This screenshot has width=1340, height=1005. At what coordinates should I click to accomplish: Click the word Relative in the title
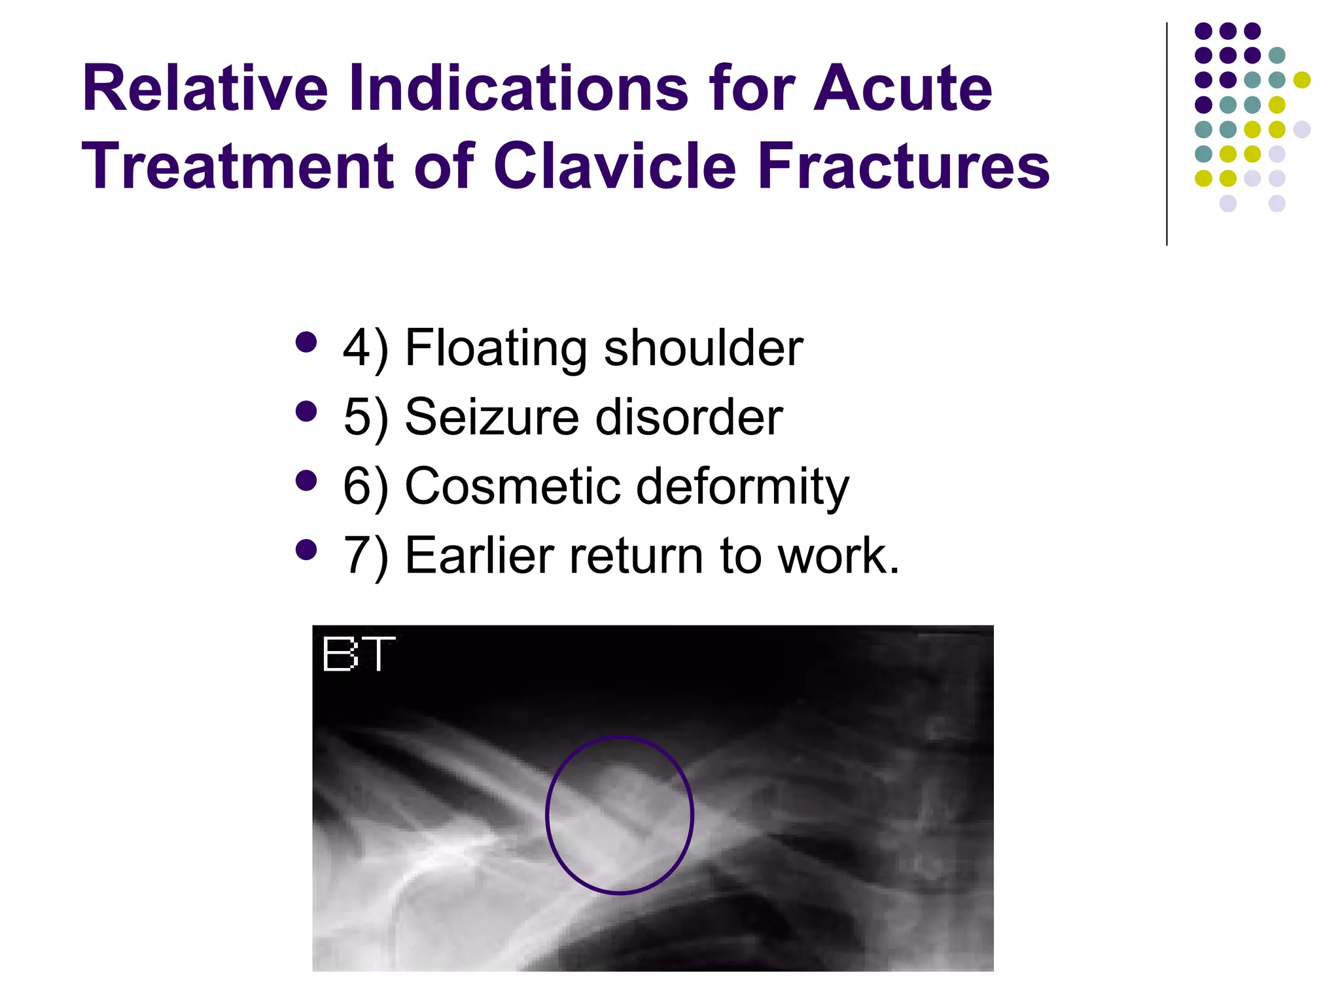[x=204, y=88]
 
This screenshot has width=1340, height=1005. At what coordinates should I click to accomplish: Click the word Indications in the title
[x=518, y=88]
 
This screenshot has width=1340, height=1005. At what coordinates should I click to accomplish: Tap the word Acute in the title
[x=902, y=88]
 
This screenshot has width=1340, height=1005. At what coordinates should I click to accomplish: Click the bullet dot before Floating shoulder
[x=306, y=342]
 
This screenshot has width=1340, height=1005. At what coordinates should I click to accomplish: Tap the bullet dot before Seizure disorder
[x=306, y=412]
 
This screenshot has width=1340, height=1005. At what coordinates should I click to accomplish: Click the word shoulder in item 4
[x=703, y=348]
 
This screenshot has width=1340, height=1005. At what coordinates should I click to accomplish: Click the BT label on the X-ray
[x=359, y=654]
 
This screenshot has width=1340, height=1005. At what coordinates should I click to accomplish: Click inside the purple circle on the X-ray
[x=619, y=815]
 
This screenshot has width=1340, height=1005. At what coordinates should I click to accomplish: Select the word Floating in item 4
[x=496, y=348]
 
